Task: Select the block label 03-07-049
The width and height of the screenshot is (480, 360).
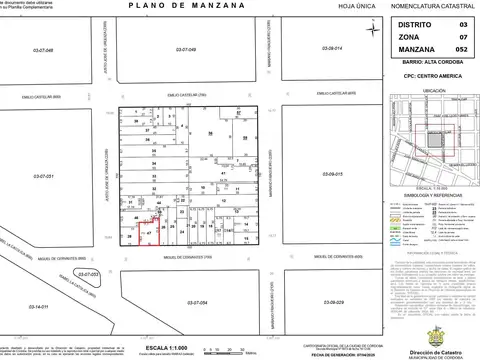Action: pyautogui.click(x=189, y=49)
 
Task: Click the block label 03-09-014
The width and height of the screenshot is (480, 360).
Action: pyautogui.click(x=332, y=48)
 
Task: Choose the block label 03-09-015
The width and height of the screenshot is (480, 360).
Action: pyautogui.click(x=332, y=174)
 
